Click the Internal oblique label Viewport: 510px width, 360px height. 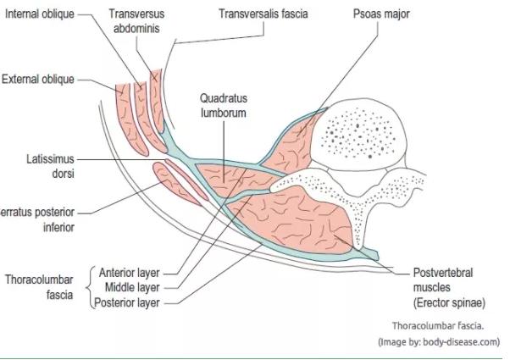pyautogui.click(x=40, y=14)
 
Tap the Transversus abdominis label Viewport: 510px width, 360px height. pyautogui.click(x=136, y=21)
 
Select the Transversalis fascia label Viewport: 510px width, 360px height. pyautogui.click(x=263, y=14)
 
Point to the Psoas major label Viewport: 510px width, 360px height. pyautogui.click(x=381, y=14)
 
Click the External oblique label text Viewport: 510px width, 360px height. pyautogui.click(x=38, y=80)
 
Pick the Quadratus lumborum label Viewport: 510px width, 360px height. pyautogui.click(x=224, y=105)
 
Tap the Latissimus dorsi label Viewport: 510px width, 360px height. pyautogui.click(x=51, y=166)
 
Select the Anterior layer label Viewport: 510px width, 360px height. pyautogui.click(x=129, y=273)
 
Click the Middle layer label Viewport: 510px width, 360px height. pyautogui.click(x=132, y=287)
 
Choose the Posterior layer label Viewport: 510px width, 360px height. pyautogui.click(x=127, y=302)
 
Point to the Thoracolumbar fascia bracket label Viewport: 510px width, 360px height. pyautogui.click(x=39, y=287)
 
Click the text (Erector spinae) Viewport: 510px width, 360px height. pyautogui.click(x=449, y=302)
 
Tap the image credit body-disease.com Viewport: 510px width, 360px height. pyautogui.click(x=439, y=342)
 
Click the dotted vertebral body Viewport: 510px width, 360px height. pyautogui.click(x=358, y=134)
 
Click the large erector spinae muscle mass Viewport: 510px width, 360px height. pyautogui.click(x=293, y=221)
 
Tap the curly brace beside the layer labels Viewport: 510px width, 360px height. pyautogui.click(x=91, y=287)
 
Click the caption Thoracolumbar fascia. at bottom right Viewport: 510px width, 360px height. pyautogui.click(x=438, y=326)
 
